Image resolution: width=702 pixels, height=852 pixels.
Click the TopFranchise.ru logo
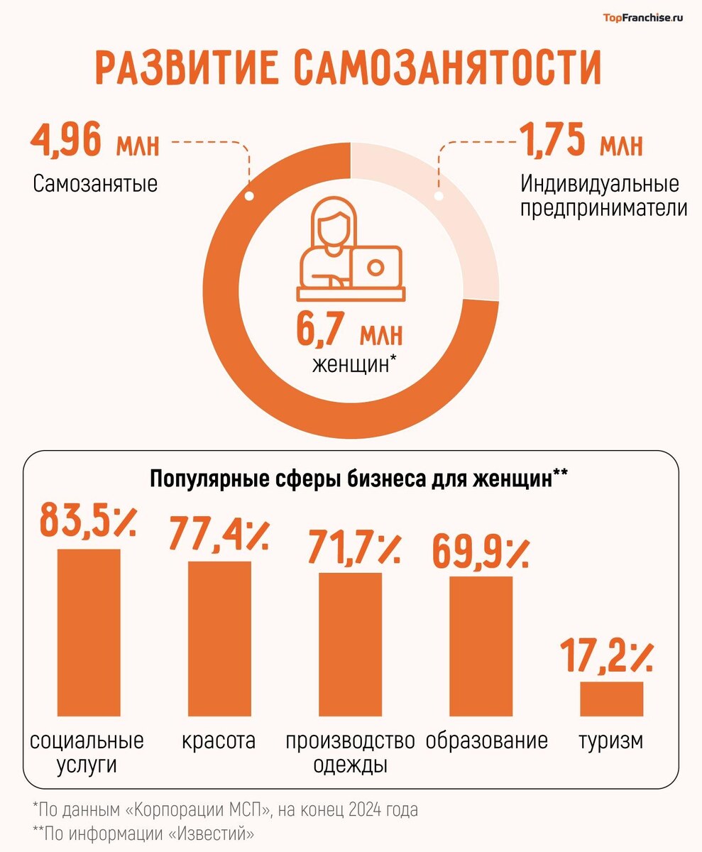tap(642, 18)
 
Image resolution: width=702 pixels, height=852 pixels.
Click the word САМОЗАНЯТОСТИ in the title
tap(447, 68)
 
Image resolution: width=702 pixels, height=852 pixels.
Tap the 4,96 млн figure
tap(95, 141)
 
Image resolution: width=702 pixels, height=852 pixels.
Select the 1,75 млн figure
tap(581, 141)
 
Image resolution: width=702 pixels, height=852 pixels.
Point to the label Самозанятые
tap(95, 184)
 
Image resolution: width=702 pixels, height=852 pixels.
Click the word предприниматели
tap(604, 209)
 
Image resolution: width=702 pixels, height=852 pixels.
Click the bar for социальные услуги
tap(89, 632)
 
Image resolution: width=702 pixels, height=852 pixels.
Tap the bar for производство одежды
tap(350, 643)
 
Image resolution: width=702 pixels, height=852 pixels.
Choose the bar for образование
tap(481, 645)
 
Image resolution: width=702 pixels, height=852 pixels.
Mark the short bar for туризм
tap(611, 699)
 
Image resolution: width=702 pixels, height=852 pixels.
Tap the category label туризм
tap(610, 741)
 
